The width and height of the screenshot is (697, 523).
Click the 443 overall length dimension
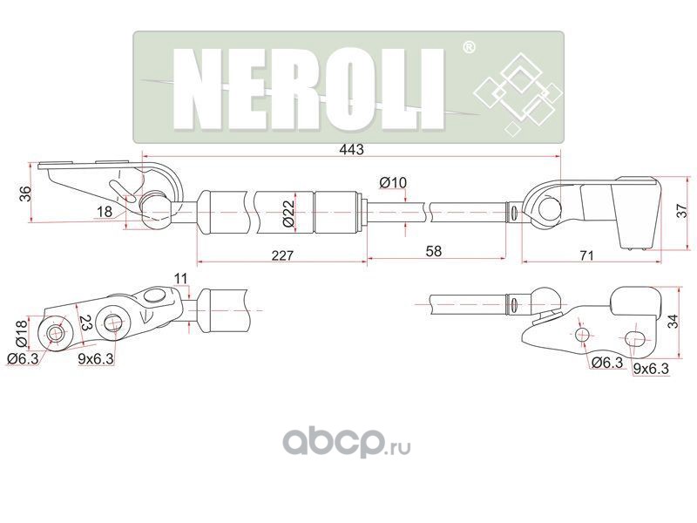pyautogui.click(x=350, y=150)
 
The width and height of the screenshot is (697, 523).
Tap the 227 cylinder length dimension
pyautogui.click(x=281, y=255)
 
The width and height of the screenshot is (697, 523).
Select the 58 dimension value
pyautogui.click(x=433, y=251)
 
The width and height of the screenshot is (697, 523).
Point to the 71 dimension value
pyautogui.click(x=586, y=255)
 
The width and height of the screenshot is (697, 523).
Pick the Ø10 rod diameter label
pyautogui.click(x=394, y=182)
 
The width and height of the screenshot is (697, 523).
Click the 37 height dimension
pyautogui.click(x=682, y=209)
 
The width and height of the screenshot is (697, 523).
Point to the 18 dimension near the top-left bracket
pyautogui.click(x=105, y=212)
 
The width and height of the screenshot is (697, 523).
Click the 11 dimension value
pyautogui.click(x=180, y=278)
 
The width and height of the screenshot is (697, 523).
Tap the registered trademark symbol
pyautogui.click(x=468, y=47)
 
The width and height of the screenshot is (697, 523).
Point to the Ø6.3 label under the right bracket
pyautogui.click(x=606, y=362)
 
